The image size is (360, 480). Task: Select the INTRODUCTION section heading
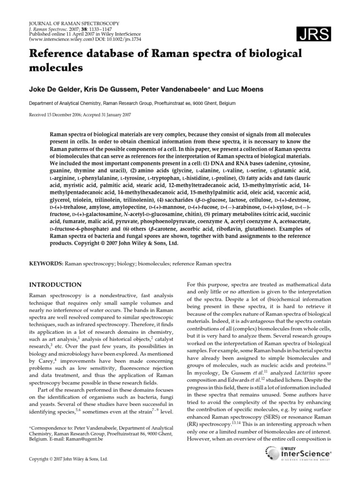click(56, 285)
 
